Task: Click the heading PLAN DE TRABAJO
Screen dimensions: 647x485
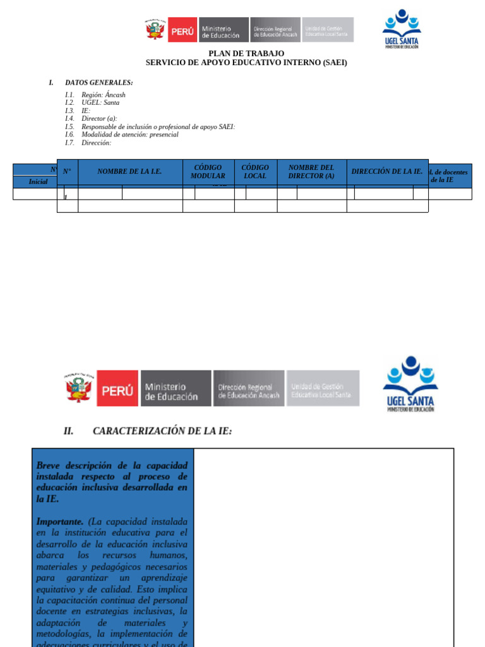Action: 246,54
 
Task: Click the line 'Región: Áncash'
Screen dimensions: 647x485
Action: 103,95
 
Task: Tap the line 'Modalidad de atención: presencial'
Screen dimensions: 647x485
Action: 129,135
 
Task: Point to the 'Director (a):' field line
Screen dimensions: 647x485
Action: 99,118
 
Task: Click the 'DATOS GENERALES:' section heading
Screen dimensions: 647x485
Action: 99,83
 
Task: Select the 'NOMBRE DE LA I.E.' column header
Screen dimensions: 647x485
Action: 129,172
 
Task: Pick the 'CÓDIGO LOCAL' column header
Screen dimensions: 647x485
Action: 255,172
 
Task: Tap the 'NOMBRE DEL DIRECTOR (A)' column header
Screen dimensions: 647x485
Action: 311,172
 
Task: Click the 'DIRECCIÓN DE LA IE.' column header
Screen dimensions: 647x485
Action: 386,171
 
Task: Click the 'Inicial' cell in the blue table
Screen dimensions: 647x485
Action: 38,182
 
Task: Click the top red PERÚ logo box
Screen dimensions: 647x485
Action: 183,30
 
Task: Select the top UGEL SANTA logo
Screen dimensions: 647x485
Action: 401,28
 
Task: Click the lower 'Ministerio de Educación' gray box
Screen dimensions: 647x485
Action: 176,388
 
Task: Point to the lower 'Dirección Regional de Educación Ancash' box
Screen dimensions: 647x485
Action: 249,388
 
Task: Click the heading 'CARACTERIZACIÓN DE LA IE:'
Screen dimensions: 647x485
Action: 162,431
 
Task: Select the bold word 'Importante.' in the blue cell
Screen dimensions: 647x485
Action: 59,522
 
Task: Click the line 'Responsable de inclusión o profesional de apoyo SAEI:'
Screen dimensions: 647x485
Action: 158,126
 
